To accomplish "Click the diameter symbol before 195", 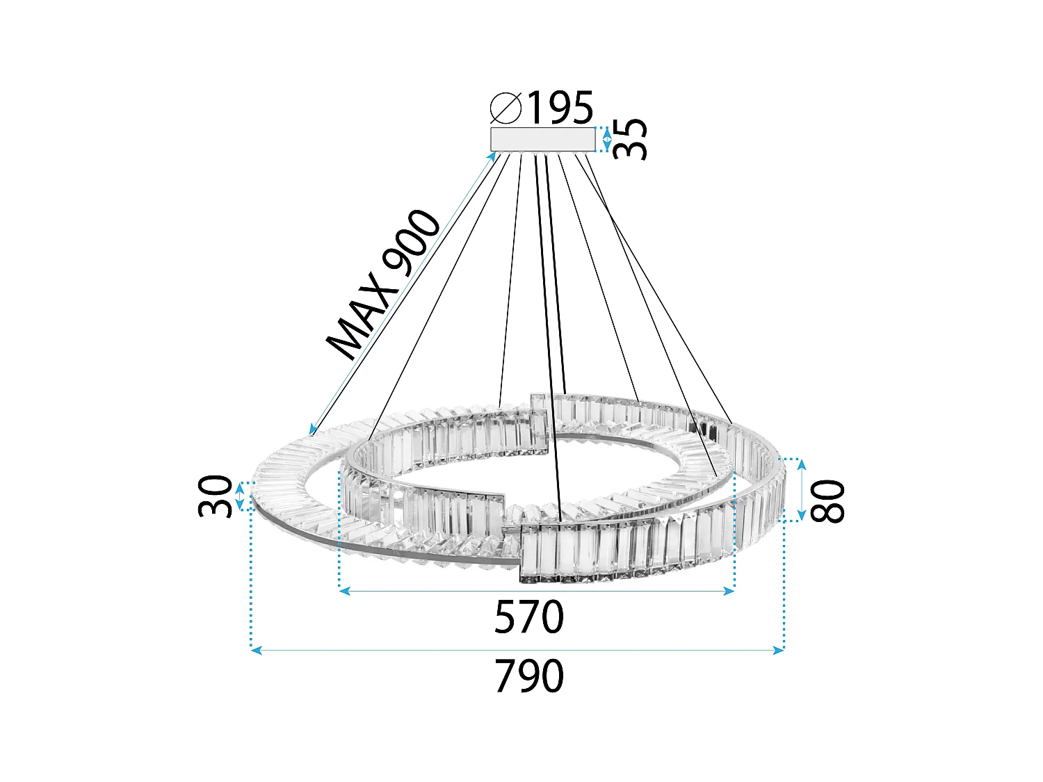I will [x=506, y=108].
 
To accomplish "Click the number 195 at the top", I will [x=560, y=108].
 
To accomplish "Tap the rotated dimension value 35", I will [x=631, y=139].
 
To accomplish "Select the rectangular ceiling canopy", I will [x=542, y=139].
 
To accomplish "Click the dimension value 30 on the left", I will [x=215, y=496].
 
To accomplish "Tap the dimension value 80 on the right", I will [x=828, y=501].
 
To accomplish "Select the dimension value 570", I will [x=528, y=617].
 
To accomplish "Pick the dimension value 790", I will [x=528, y=676].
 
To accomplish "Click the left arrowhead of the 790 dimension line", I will [x=255, y=650].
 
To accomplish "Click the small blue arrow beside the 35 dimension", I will [x=607, y=139].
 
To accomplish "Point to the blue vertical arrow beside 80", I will [x=801, y=489].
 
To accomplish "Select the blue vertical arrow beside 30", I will [x=240, y=496].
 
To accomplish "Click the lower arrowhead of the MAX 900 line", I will [x=312, y=430].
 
